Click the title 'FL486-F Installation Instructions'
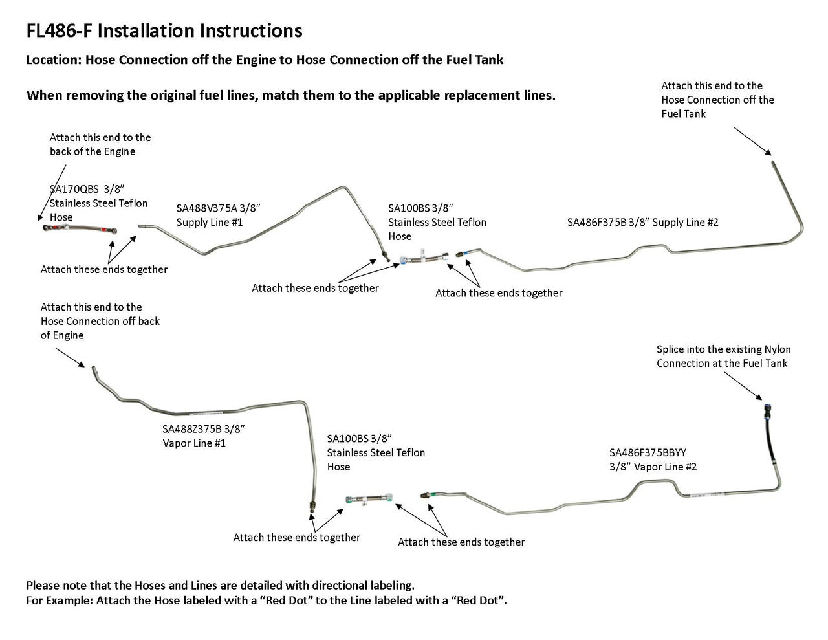pos(164,30)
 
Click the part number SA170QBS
pos(74,189)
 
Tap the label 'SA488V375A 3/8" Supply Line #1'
pos(218,215)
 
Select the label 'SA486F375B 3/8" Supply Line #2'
pos(642,222)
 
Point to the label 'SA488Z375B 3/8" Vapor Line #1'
pos(203,436)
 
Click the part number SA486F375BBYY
pos(648,452)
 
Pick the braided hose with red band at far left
pos(80,229)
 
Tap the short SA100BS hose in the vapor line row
pos(371,500)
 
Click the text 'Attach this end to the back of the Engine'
pos(100,144)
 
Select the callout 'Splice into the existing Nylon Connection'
pos(723,356)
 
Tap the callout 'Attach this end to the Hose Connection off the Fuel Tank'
pos(717,100)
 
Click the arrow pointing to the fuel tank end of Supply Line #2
pos(752,140)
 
